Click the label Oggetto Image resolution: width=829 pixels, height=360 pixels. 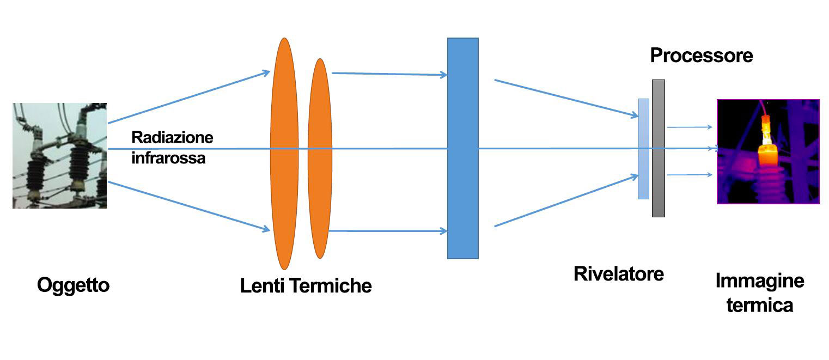coord(74,285)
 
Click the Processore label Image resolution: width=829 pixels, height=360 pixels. coord(702,55)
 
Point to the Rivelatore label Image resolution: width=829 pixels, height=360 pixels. coord(619,273)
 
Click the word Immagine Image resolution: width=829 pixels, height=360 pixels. coord(759,281)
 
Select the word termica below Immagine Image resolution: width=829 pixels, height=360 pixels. coord(759,305)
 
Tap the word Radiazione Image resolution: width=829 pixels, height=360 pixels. coord(172,137)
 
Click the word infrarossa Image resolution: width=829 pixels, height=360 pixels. coord(168,158)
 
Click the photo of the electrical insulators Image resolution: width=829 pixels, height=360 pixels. coord(59,156)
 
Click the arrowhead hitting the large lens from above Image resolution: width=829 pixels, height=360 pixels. coord(266,72)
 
